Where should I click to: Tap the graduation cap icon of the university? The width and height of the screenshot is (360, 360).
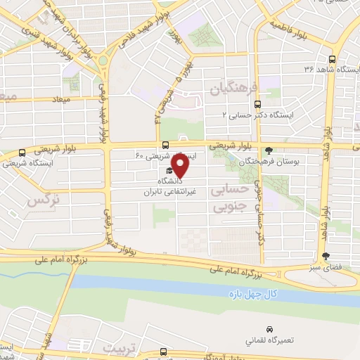coord(169,170)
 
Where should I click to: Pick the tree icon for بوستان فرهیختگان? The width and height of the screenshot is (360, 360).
coord(269,150)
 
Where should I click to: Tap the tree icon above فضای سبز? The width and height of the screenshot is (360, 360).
coord(325,256)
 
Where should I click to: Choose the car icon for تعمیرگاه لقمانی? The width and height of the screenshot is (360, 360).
coord(269,328)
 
